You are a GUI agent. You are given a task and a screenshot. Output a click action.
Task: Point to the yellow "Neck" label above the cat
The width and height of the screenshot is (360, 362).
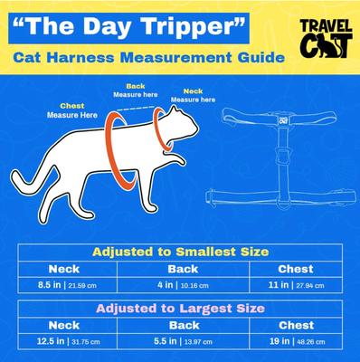pos(194,90)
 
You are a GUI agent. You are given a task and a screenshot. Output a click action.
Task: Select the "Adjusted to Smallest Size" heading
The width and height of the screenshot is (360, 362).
pos(179,251)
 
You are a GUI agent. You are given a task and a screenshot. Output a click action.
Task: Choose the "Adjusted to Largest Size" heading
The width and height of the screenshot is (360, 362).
pos(179,308)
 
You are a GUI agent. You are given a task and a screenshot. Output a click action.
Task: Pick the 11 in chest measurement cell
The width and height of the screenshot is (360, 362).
pos(297,285)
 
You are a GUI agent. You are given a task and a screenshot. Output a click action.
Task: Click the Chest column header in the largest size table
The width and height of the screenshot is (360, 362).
pos(297,324)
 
